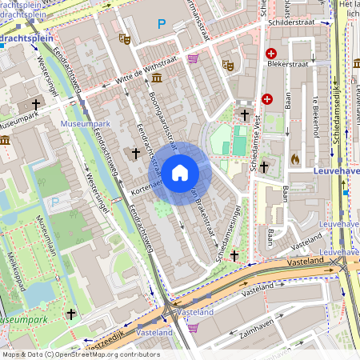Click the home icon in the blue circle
(x=180, y=172)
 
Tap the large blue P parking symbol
(x=162, y=25)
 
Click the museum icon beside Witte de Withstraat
(x=155, y=78)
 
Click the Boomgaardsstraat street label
(x=162, y=118)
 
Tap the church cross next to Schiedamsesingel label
(x=234, y=255)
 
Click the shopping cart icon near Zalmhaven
(x=193, y=326)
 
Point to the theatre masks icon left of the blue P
(x=124, y=38)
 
